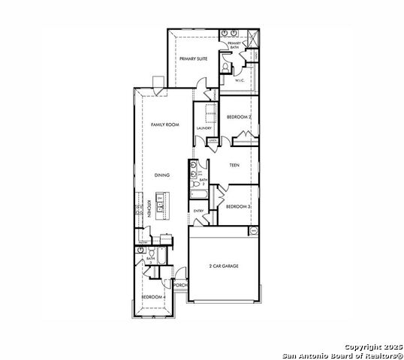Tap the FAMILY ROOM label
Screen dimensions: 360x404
tap(164, 124)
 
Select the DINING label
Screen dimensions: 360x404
tap(162, 175)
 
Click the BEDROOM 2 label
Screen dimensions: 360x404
tap(238, 117)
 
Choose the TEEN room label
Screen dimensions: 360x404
tap(235, 164)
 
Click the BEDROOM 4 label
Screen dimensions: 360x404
tap(154, 298)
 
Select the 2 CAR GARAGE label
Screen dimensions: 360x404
tap(224, 265)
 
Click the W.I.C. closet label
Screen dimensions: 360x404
tap(240, 80)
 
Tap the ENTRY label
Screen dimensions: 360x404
tap(198, 211)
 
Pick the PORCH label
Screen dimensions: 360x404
tap(179, 286)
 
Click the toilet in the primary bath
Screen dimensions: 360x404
tap(225, 67)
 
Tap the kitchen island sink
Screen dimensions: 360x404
tap(160, 202)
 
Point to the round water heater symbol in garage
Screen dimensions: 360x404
tap(252, 231)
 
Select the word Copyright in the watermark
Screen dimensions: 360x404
tap(361, 346)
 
